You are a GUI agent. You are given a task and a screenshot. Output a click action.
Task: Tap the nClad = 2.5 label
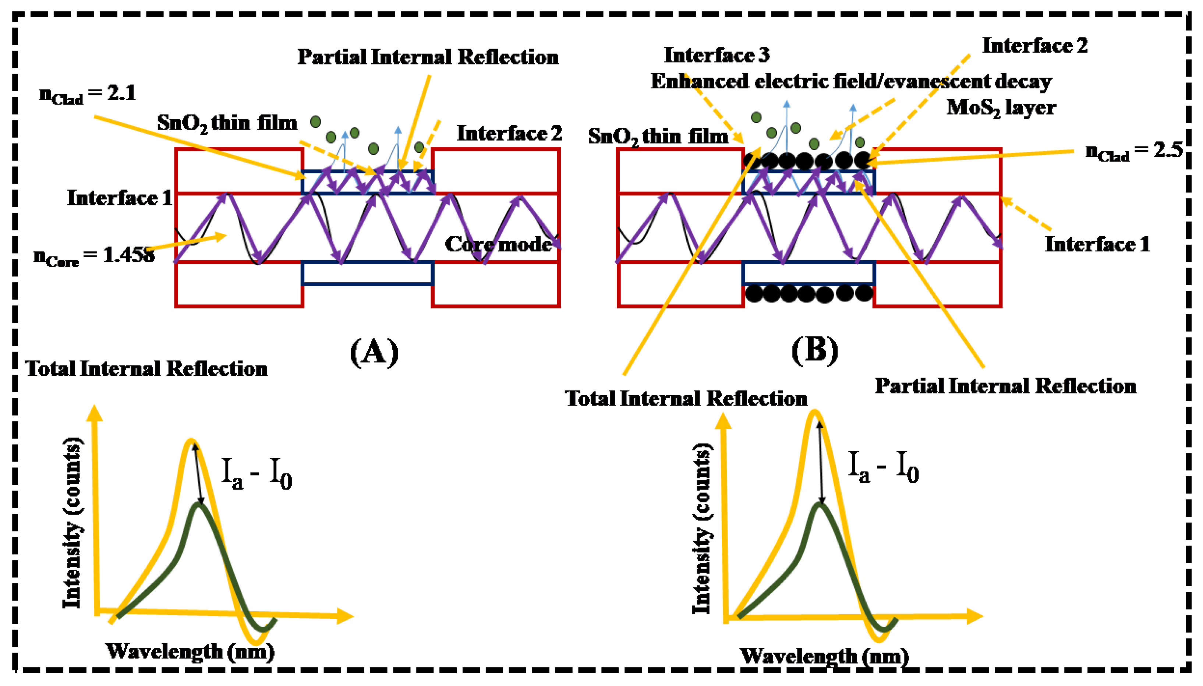point(1134,151)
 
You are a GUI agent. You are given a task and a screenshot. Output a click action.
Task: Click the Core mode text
point(498,244)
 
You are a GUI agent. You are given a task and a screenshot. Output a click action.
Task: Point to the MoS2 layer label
point(1001,108)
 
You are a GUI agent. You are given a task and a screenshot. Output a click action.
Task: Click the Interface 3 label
point(717,55)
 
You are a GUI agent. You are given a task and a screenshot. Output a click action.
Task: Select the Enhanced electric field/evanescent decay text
point(851,81)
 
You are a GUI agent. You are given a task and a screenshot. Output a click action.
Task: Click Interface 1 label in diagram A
point(120,198)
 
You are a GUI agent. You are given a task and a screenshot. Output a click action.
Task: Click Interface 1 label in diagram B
point(1097,244)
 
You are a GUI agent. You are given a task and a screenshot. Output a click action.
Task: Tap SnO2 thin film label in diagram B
point(658,137)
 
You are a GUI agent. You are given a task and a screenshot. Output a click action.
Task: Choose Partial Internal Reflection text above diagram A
point(428,57)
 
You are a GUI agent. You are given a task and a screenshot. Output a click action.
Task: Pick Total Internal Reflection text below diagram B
point(686,399)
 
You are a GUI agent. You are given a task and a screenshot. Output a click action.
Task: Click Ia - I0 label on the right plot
point(883,467)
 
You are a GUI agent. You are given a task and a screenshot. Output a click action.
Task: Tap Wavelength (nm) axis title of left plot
point(190,652)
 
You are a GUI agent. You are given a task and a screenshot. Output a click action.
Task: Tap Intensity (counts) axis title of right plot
point(701,528)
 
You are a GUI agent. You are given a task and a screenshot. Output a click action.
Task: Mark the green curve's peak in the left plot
point(200,505)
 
